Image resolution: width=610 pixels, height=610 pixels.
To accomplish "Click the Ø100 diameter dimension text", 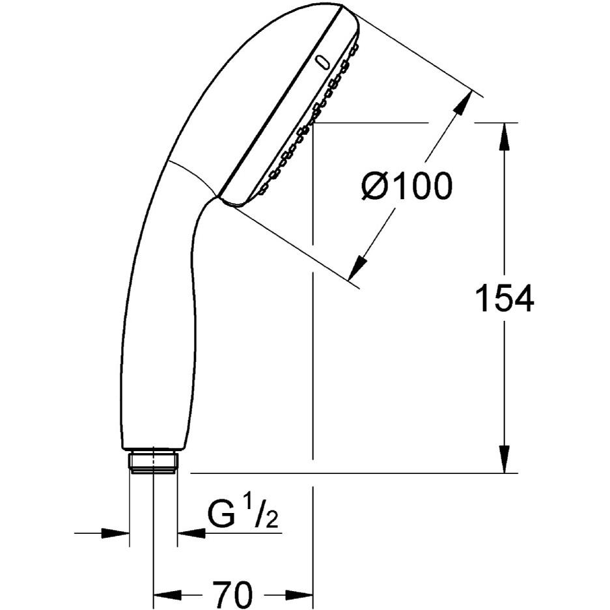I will tap(406, 187).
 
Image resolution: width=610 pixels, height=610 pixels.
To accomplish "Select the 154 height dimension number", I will tap(505, 299).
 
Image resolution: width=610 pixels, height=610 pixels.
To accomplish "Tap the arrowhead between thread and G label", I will tap(190, 533).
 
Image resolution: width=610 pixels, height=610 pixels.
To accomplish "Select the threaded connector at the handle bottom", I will tap(154, 460).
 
